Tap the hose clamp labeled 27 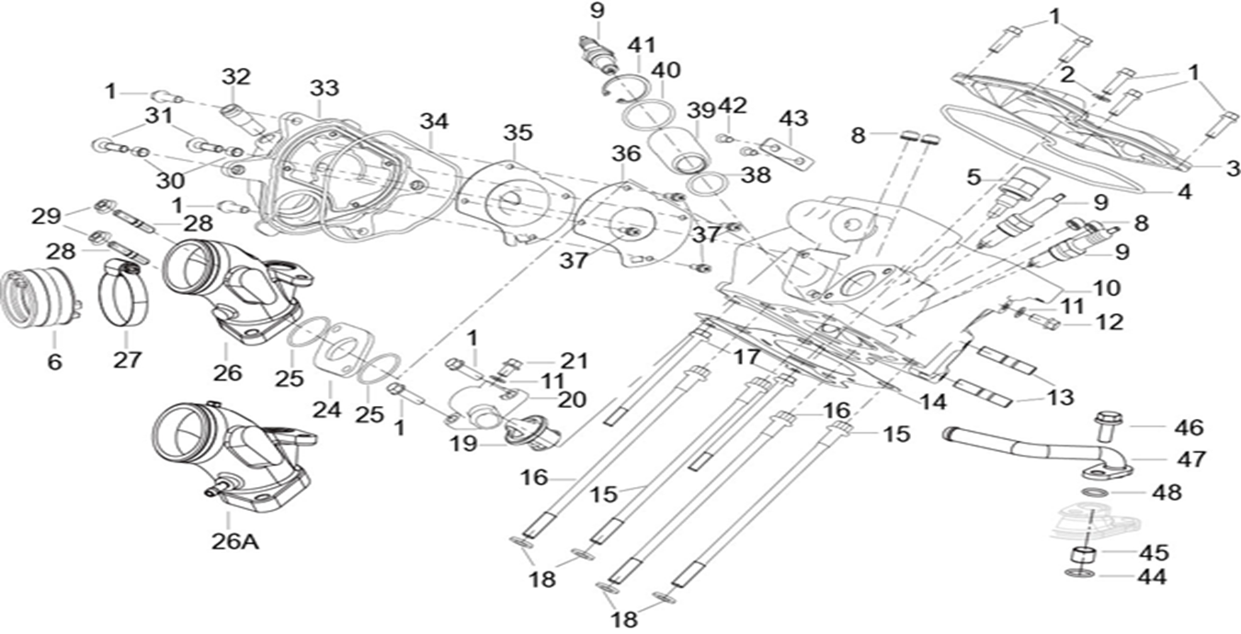coord(122,294)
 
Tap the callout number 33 coord(324,88)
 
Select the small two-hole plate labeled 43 coord(789,153)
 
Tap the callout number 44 coord(1152,577)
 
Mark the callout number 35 coord(518,132)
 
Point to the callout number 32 coord(235,77)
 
